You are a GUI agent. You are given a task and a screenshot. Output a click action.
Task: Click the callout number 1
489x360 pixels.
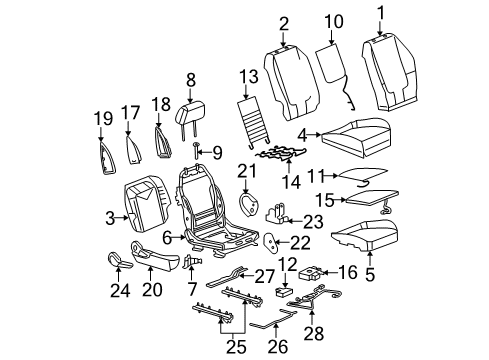coord(380,12)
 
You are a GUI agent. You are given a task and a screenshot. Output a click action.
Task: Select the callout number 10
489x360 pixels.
coord(333,20)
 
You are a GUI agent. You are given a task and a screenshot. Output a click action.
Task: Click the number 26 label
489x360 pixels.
coord(276,345)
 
